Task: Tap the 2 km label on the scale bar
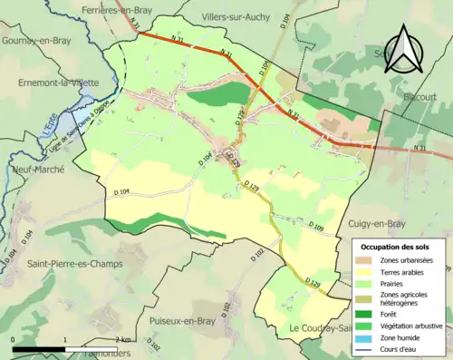(121, 339)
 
